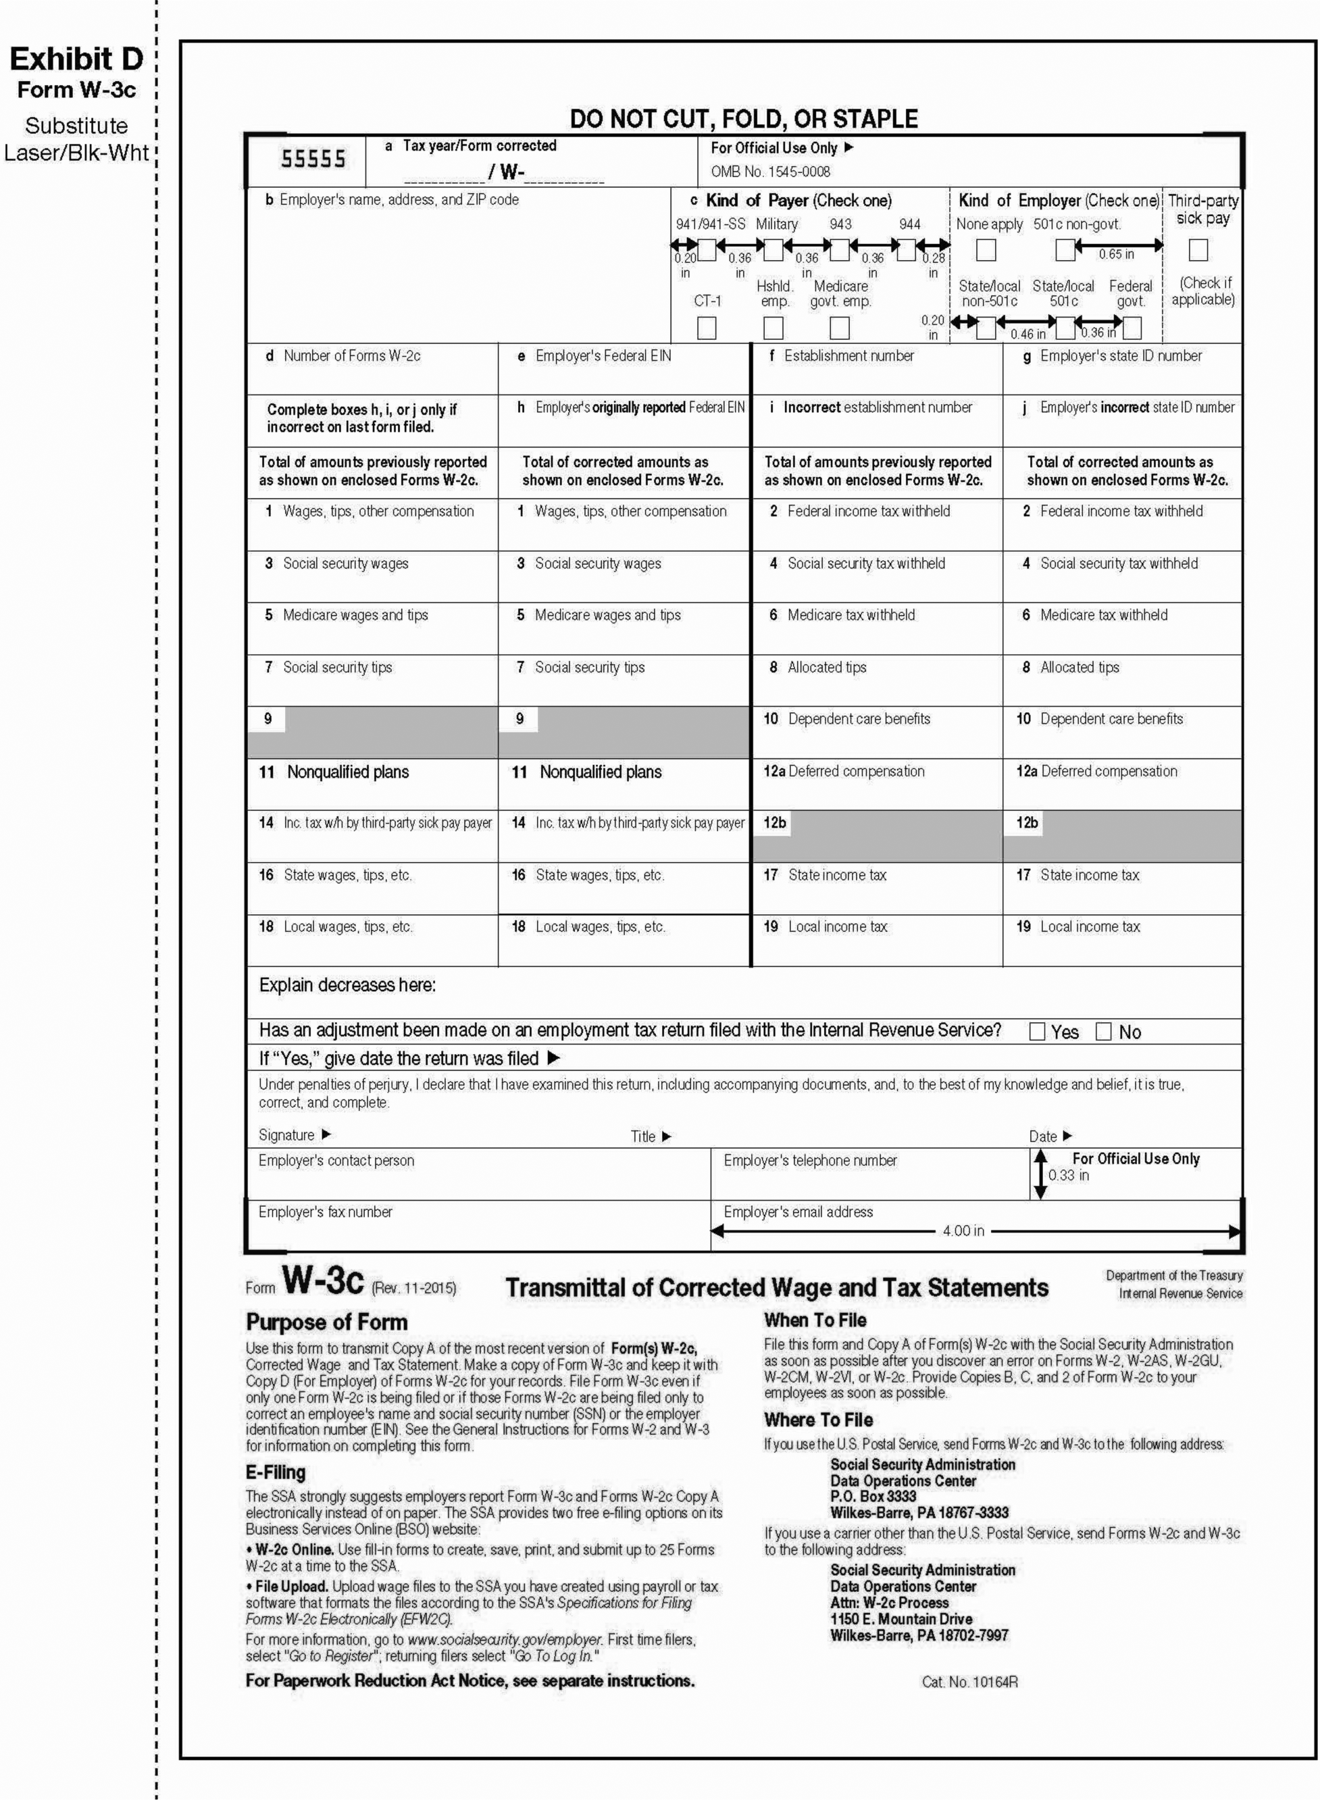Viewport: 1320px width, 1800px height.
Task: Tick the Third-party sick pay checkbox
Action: (1197, 250)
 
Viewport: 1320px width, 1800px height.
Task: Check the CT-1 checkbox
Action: (707, 328)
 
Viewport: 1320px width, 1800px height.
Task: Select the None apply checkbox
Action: (986, 250)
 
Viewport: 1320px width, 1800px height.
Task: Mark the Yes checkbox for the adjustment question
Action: (1037, 1031)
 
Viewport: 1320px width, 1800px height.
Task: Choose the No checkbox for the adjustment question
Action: (1103, 1031)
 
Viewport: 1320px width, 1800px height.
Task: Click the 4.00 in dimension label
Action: (963, 1230)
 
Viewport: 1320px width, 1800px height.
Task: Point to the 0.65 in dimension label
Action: (1115, 254)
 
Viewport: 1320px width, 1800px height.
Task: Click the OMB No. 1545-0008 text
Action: (770, 171)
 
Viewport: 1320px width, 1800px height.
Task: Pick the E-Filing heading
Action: (275, 1472)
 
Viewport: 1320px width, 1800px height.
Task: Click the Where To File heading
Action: (818, 1419)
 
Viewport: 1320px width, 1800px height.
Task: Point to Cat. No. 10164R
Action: (969, 1682)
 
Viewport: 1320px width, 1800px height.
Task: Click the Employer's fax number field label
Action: (325, 1211)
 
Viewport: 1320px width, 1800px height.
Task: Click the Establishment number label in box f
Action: (848, 355)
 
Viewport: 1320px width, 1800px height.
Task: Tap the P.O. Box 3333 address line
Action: (873, 1495)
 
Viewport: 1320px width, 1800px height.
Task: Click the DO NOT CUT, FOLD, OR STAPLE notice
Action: (743, 119)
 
